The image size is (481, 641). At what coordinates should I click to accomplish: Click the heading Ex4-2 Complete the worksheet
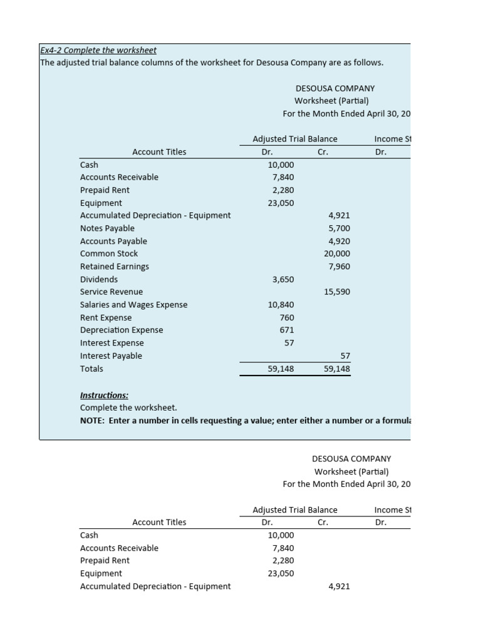(x=98, y=50)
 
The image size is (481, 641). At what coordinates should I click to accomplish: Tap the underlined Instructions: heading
(x=104, y=395)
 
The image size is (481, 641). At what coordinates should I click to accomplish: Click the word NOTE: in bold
(x=93, y=421)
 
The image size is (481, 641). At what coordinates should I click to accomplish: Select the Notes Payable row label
(x=107, y=228)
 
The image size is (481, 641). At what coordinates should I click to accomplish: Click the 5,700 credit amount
(x=339, y=228)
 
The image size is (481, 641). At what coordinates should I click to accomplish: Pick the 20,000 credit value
(x=337, y=254)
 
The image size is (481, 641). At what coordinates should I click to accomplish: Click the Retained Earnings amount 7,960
(x=339, y=267)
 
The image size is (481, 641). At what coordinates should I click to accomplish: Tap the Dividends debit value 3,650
(x=283, y=279)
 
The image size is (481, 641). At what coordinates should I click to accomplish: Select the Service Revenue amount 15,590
(x=337, y=292)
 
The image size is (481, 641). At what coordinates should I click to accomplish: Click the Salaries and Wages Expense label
(x=133, y=305)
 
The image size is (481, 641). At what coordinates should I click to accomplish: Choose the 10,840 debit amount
(x=281, y=305)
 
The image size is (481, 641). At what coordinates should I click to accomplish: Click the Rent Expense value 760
(x=287, y=317)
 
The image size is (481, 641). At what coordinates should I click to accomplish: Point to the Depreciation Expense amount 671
(x=287, y=330)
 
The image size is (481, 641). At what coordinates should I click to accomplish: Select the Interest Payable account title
(x=111, y=356)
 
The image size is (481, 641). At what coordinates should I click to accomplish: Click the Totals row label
(x=91, y=369)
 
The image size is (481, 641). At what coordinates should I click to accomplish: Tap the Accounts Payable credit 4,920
(x=339, y=241)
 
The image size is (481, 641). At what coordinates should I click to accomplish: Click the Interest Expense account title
(x=111, y=343)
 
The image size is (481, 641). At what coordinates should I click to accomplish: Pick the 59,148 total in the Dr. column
(x=281, y=369)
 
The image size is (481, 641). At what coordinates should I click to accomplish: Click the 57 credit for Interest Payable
(x=344, y=356)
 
